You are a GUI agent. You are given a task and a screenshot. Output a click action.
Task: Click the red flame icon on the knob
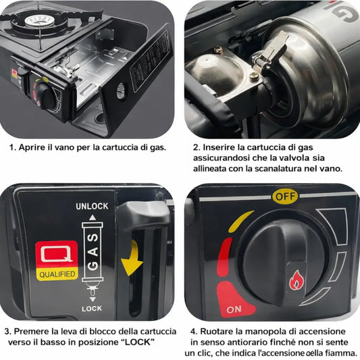pyautogui.click(x=297, y=280)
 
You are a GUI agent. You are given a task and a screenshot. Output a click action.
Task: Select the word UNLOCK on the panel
pyautogui.click(x=92, y=206)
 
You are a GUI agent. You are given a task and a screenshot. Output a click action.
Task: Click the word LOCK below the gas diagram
pyautogui.click(x=91, y=307)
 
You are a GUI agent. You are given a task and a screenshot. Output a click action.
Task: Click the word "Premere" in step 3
pyautogui.click(x=34, y=331)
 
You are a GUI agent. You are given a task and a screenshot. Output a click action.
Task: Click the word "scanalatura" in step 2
pyautogui.click(x=286, y=169)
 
